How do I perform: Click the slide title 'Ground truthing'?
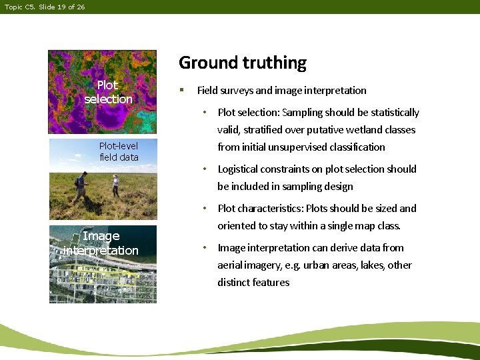click(x=243, y=63)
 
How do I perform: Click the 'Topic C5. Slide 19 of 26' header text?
click(x=45, y=7)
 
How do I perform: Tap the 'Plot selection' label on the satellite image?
click(x=108, y=92)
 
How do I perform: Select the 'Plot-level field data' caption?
click(x=119, y=151)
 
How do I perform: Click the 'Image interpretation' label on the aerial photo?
click(x=101, y=243)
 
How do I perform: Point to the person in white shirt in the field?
click(x=115, y=185)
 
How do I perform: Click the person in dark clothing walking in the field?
click(x=81, y=185)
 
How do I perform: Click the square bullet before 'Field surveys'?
click(x=181, y=90)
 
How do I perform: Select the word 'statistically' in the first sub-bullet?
click(x=394, y=113)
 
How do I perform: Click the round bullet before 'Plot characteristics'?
click(x=207, y=209)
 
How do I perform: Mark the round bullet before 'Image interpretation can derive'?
click(x=207, y=248)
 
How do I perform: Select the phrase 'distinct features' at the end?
click(x=253, y=283)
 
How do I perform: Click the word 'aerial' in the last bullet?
click(x=231, y=265)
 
